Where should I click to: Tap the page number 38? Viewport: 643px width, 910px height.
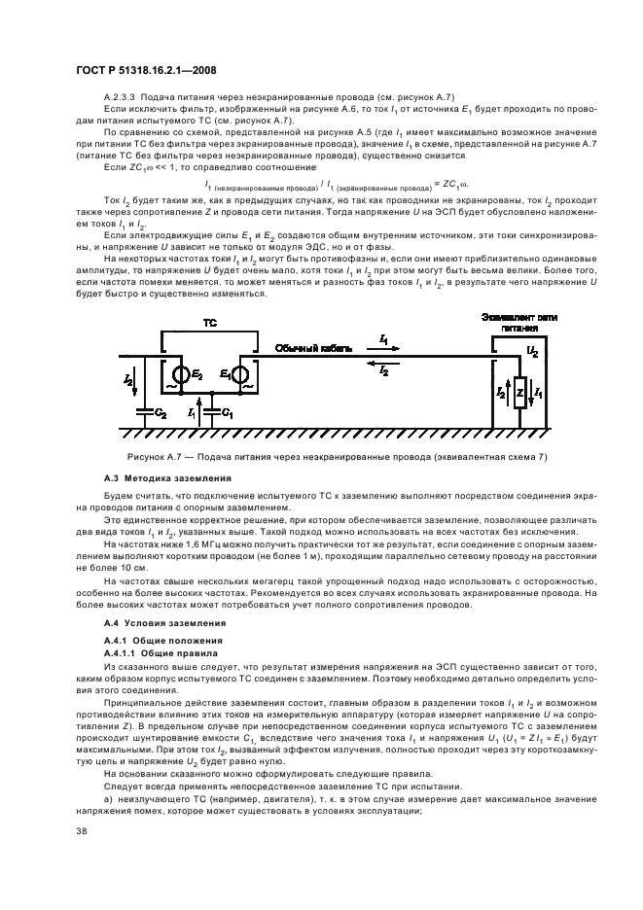pos(82,830)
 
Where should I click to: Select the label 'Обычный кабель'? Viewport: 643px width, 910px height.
pos(309,347)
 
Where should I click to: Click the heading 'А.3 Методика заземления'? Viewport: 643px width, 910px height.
pos(167,478)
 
